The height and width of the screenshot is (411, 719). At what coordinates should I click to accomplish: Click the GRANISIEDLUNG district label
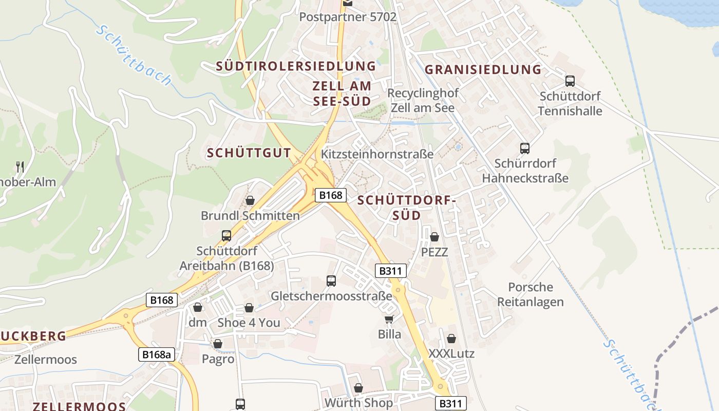483,69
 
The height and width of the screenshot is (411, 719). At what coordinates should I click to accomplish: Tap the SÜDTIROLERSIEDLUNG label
296,66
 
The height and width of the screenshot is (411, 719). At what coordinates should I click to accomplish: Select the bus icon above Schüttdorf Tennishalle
570,81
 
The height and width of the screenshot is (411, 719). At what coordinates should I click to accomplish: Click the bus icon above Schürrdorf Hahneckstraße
524,148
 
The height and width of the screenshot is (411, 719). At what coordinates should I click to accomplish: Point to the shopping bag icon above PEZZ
434,237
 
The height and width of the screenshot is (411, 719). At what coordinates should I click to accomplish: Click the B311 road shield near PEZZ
391,271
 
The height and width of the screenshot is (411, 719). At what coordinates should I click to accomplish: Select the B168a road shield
157,354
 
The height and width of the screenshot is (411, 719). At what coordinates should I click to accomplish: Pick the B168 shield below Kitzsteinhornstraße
331,195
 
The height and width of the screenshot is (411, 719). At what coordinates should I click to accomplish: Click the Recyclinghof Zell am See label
423,101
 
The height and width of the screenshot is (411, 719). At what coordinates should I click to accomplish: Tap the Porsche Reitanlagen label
530,294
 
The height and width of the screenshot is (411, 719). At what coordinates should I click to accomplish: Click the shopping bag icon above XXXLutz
451,339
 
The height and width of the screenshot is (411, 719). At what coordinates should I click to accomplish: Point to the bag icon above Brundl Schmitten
250,200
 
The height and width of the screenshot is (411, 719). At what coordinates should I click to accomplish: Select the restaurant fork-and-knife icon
20,166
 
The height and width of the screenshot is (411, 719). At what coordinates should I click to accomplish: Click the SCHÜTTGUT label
249,153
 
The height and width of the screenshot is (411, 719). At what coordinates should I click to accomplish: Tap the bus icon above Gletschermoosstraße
331,281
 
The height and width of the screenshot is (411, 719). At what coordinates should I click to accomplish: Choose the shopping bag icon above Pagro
218,344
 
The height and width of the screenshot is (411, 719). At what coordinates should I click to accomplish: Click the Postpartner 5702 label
348,17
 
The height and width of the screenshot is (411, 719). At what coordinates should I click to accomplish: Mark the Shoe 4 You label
249,323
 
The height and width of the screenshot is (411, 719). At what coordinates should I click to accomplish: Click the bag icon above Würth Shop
358,388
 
